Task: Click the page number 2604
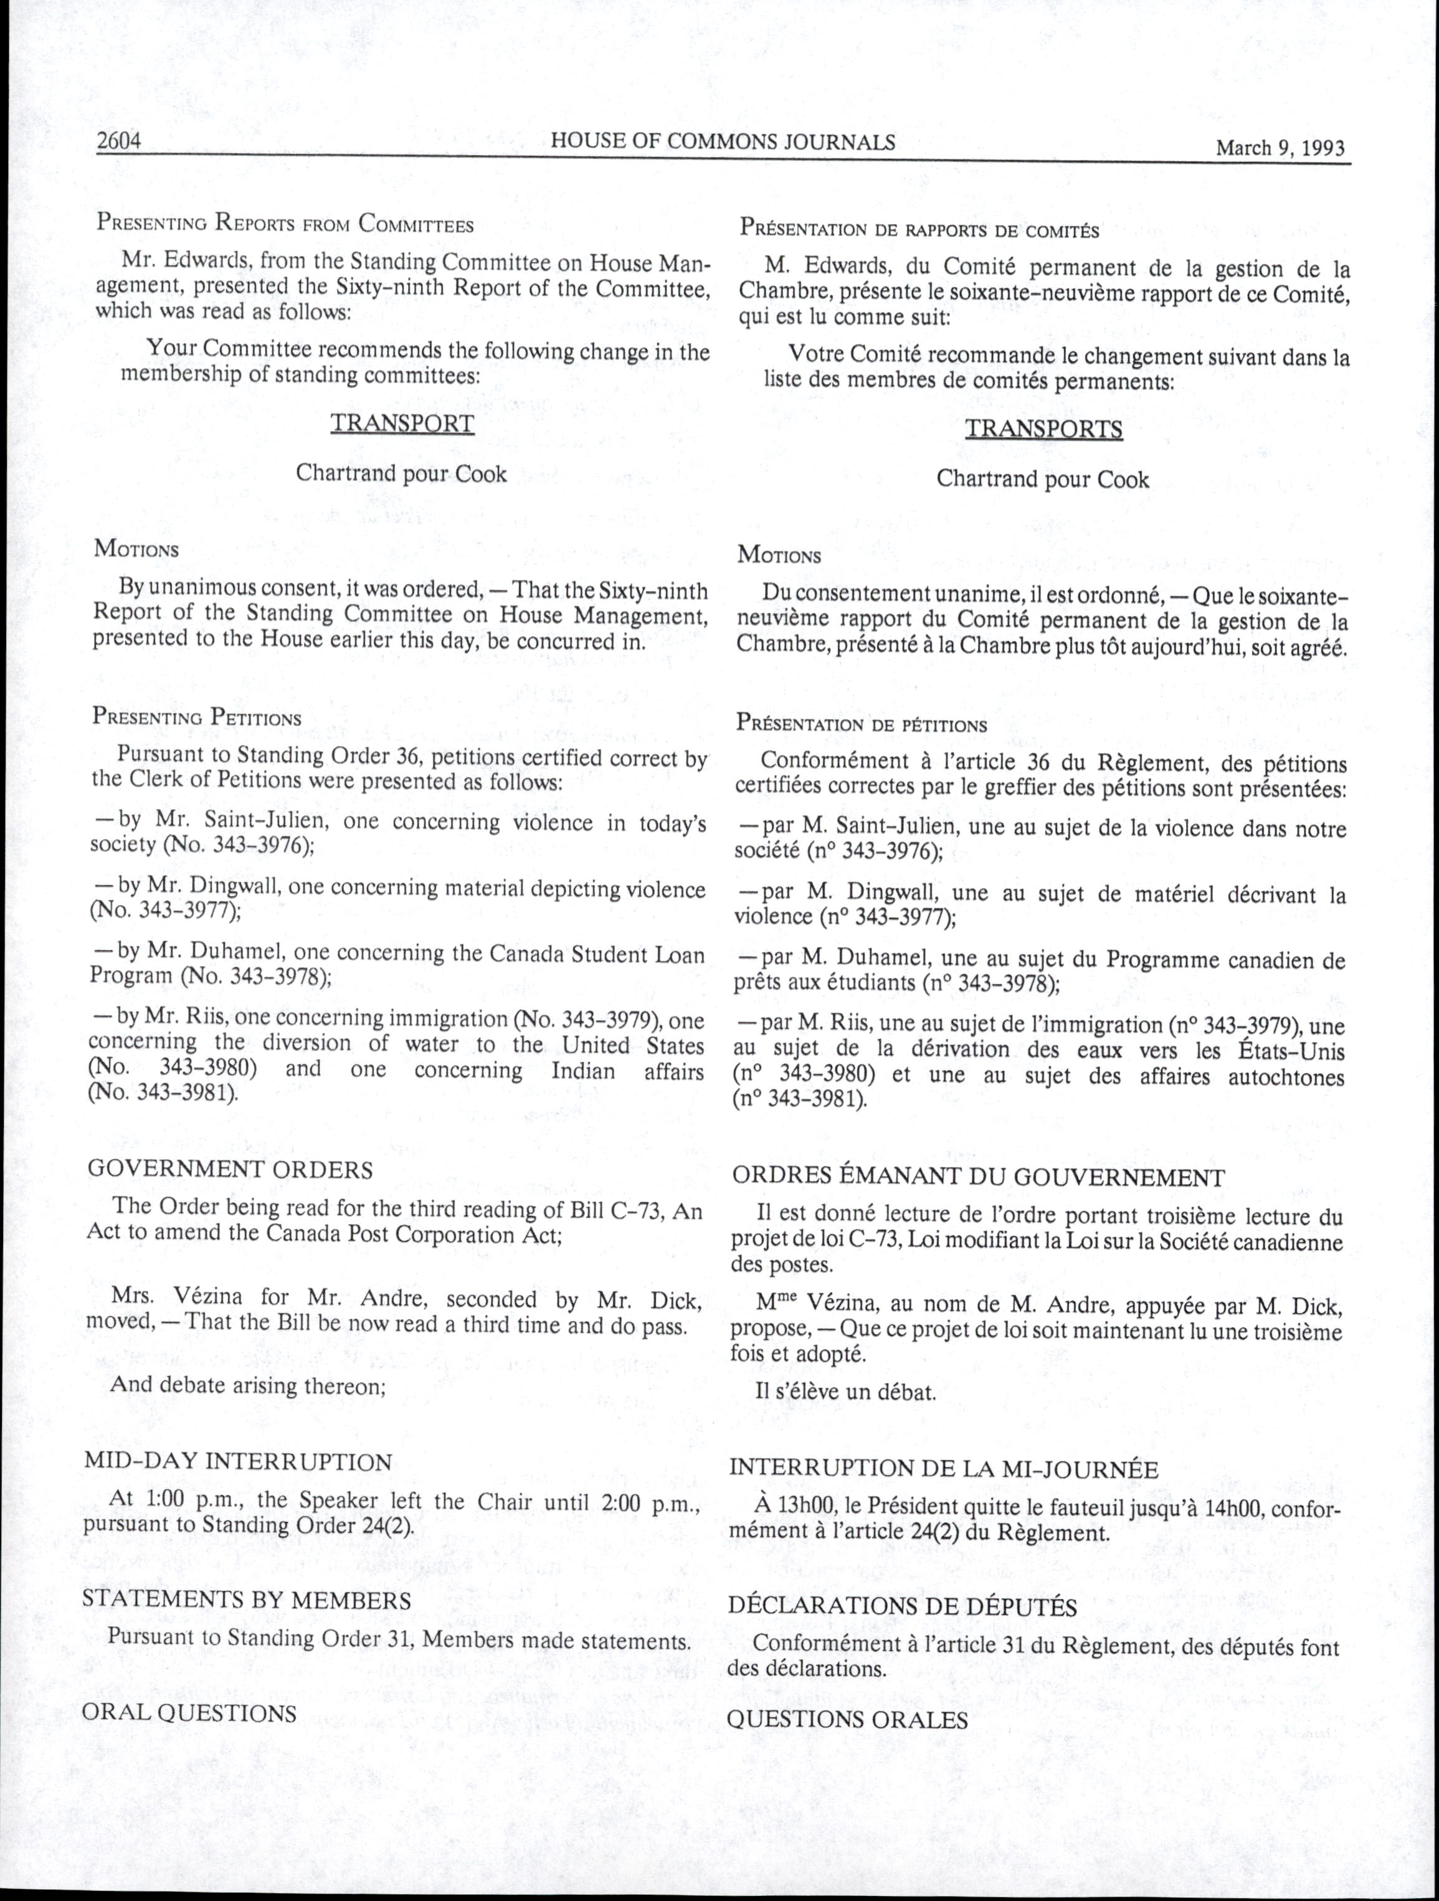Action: click(x=118, y=141)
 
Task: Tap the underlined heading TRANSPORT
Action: click(x=402, y=424)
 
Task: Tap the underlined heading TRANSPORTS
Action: click(x=1043, y=429)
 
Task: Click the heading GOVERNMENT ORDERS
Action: click(x=230, y=1170)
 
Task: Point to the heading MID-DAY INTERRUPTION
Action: click(x=238, y=1462)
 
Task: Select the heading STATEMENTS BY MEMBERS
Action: click(x=247, y=1600)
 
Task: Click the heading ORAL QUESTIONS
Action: click(x=189, y=1713)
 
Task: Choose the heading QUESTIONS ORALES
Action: click(x=847, y=1720)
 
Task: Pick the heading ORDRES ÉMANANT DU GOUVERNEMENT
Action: click(x=978, y=1177)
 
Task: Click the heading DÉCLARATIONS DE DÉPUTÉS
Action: click(x=903, y=1606)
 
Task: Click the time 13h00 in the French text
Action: click(x=805, y=1507)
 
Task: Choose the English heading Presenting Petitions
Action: click(x=197, y=718)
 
